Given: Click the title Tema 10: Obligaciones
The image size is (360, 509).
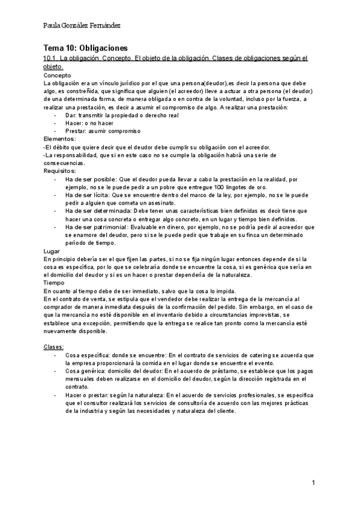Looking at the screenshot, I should [85, 48].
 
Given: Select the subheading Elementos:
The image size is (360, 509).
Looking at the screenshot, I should [60, 139].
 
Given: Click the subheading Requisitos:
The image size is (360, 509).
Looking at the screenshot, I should [60, 170].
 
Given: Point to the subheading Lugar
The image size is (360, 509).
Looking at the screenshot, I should [52, 250].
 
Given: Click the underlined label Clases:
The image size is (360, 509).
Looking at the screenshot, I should [54, 347].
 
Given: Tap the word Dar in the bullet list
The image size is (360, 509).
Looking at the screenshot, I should [70, 115].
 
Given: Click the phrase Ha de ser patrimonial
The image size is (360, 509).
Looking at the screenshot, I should [95, 227].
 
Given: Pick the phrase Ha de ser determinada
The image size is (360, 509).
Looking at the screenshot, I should [96, 211].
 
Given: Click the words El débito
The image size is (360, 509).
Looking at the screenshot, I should [58, 147].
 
